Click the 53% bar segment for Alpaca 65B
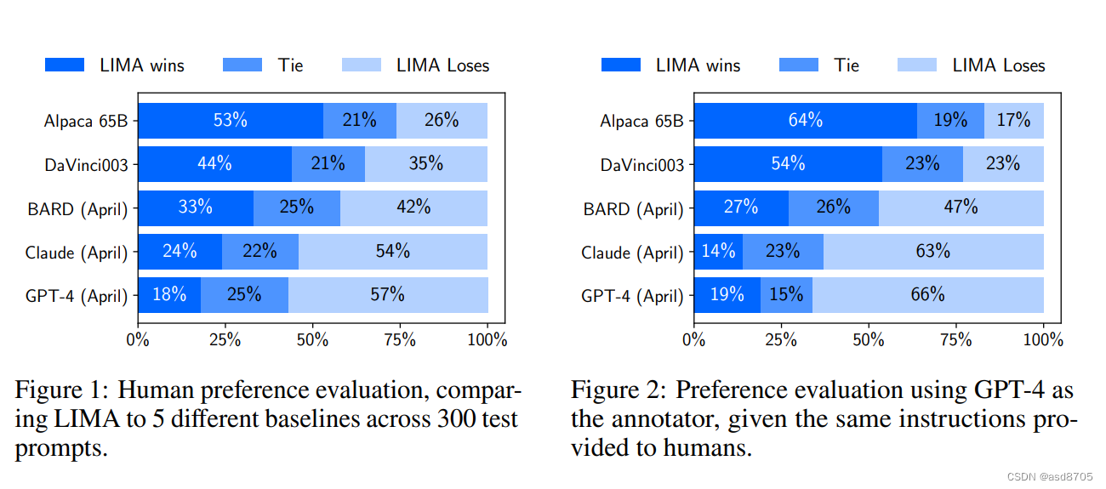pyautogui.click(x=231, y=121)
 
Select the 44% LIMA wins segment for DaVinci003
pyautogui.click(x=214, y=164)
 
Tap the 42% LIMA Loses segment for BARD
pyautogui.click(x=413, y=208)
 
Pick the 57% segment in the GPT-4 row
pyautogui.click(x=388, y=295)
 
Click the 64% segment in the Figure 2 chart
pyautogui.click(x=805, y=121)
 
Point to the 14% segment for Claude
pyautogui.click(x=718, y=252)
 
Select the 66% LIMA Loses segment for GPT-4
pyautogui.click(x=927, y=295)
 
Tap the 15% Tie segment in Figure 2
pyautogui.click(x=786, y=295)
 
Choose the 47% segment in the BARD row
pyautogui.click(x=961, y=208)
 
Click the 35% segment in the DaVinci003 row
pyautogui.click(x=425, y=164)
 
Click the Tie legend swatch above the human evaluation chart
pyautogui.click(x=242, y=65)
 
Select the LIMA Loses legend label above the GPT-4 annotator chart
pyautogui.click(x=998, y=65)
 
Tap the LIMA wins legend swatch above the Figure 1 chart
pyautogui.click(x=65, y=65)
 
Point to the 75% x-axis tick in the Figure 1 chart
pyautogui.click(x=400, y=340)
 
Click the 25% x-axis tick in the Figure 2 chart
pyautogui.click(x=781, y=340)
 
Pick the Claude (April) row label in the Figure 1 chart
pyautogui.click(x=77, y=253)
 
